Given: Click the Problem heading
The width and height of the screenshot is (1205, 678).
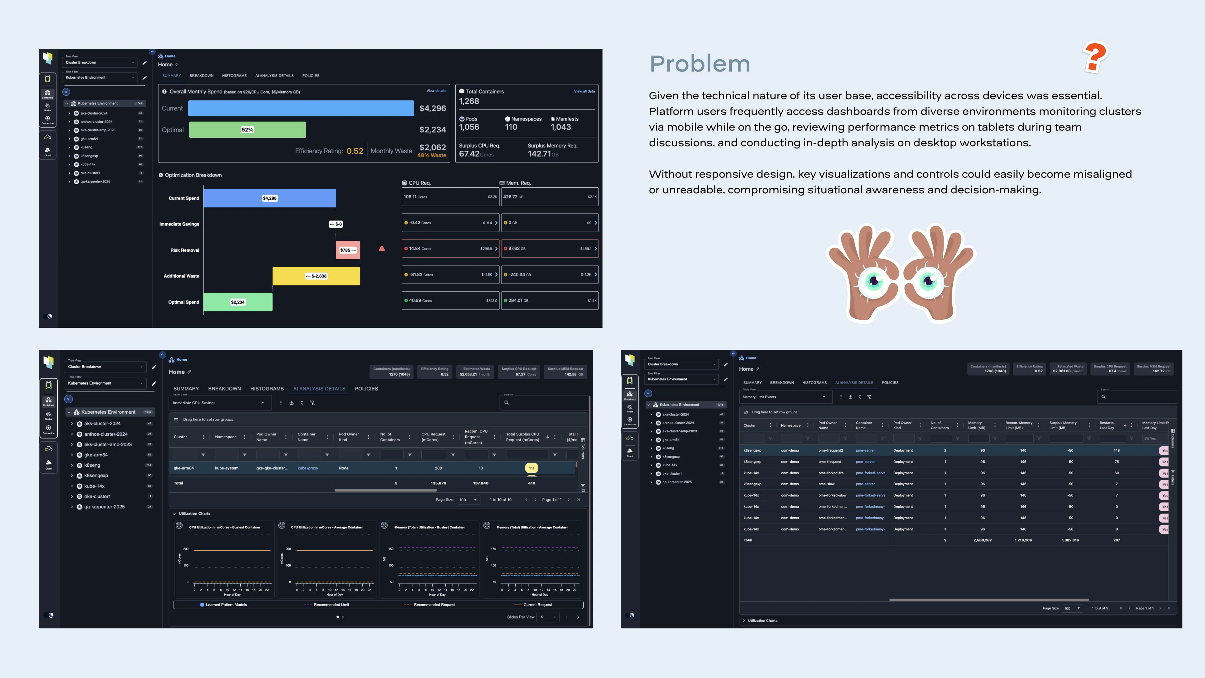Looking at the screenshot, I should tap(700, 64).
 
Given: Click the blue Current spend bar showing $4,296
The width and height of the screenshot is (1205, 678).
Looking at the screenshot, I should tap(301, 108).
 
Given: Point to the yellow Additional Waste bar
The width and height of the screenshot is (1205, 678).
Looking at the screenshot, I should tap(316, 276).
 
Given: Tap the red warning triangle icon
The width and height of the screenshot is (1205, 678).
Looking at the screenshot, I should tap(382, 249).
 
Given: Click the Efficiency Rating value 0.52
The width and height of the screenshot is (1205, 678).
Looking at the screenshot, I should tap(355, 151).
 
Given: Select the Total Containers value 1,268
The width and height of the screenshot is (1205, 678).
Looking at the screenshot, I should tap(469, 101).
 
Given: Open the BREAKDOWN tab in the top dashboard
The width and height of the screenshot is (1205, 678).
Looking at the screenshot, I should tap(201, 75).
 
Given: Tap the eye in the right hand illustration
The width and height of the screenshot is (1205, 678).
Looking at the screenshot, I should tap(929, 280).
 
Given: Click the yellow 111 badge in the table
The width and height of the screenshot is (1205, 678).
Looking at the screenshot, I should tap(531, 468).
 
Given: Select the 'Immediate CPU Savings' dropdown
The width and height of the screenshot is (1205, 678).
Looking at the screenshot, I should tap(218, 403).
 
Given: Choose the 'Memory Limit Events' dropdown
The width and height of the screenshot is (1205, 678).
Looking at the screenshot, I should tap(784, 397).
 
